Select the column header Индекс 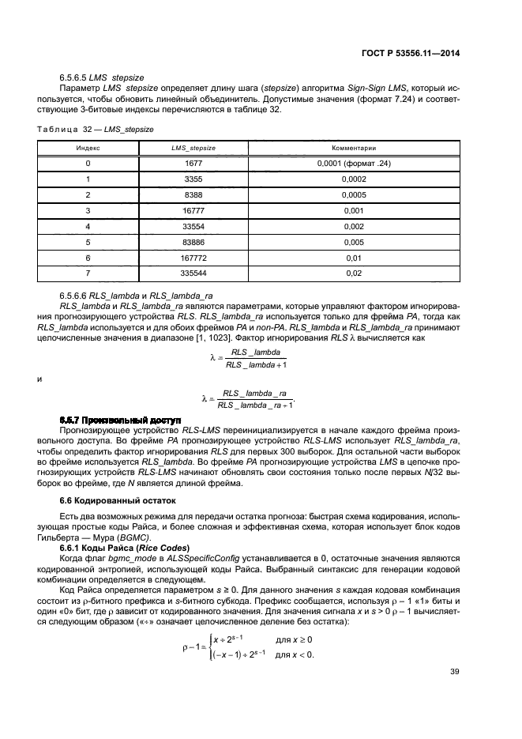[88, 148]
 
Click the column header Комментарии [353, 148]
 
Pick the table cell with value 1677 [193, 164]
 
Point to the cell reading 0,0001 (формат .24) [353, 164]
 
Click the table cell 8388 [193, 194]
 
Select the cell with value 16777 [193, 210]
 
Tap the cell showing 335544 [193, 273]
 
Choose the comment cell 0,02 [353, 273]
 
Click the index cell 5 [88, 241]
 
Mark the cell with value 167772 [193, 257]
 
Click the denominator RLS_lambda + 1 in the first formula [256, 364]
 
